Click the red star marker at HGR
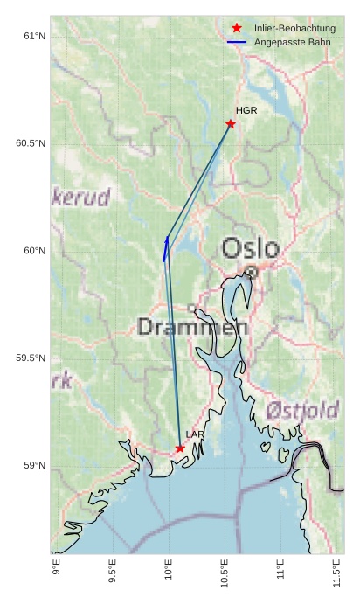(x=231, y=124)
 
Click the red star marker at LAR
(x=180, y=448)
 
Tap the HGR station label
(x=246, y=111)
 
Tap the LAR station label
(x=195, y=434)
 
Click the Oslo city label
(x=250, y=248)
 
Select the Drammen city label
(x=192, y=328)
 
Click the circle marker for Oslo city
(x=252, y=272)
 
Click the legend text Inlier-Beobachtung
(x=294, y=29)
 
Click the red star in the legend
(x=236, y=29)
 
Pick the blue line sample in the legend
(x=236, y=42)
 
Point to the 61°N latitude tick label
(x=33, y=36)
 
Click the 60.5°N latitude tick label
(x=30, y=143)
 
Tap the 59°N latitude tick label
(x=33, y=465)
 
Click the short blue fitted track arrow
(x=165, y=249)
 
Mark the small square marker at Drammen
(x=192, y=308)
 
